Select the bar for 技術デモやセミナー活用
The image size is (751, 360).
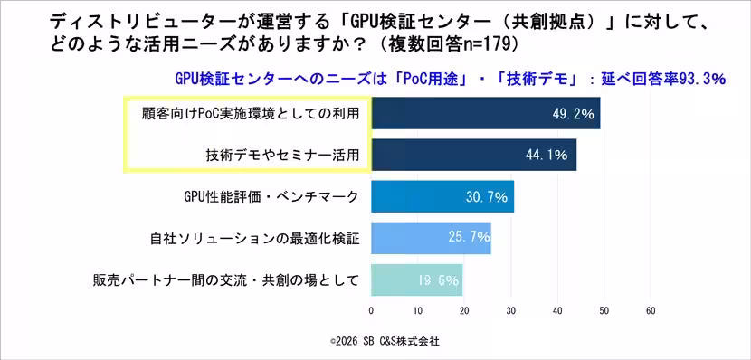click(x=473, y=155)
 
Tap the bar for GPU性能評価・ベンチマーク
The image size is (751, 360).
click(x=442, y=196)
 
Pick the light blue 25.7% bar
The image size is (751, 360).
click(x=431, y=238)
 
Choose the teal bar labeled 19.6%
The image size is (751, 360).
click(x=416, y=279)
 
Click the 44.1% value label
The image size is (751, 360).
click(x=547, y=156)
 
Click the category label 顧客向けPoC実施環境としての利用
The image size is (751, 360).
click(x=245, y=114)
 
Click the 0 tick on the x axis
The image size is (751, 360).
click(x=371, y=310)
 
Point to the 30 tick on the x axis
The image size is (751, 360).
click(x=510, y=310)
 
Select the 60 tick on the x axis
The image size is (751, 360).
click(x=650, y=310)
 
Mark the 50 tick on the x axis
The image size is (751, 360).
click(x=604, y=310)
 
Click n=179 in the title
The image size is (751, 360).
click(x=501, y=43)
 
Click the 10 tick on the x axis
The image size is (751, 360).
click(x=417, y=310)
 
